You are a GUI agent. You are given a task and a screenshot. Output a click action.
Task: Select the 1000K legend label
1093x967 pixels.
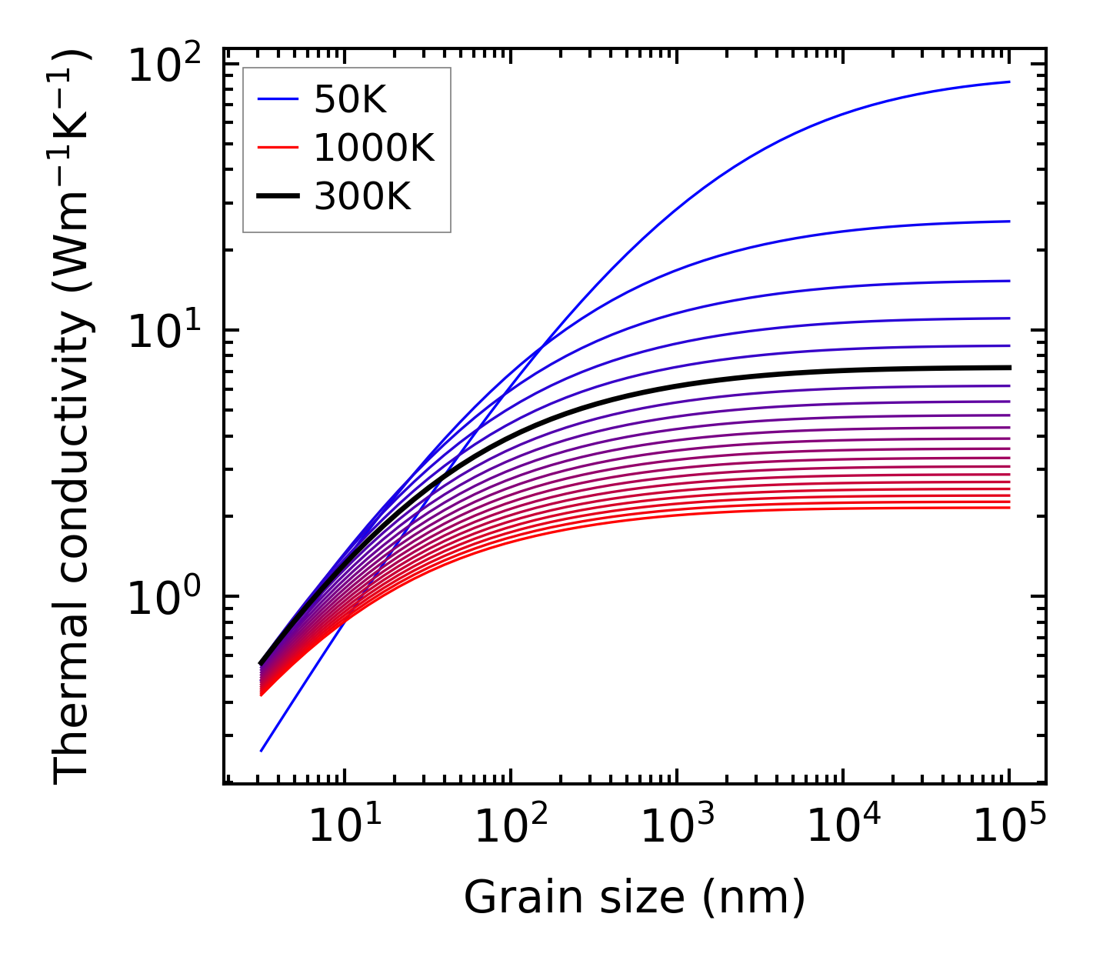[x=374, y=148]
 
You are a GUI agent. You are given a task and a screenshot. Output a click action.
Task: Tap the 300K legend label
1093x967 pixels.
[x=362, y=198]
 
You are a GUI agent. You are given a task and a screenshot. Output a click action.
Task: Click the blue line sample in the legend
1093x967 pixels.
[x=278, y=99]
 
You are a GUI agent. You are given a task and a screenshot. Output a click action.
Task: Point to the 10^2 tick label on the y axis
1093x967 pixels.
[x=164, y=65]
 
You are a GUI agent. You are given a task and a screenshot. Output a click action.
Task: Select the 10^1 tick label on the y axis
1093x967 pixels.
[x=164, y=332]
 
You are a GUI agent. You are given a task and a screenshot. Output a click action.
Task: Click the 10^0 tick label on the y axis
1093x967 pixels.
[x=164, y=598]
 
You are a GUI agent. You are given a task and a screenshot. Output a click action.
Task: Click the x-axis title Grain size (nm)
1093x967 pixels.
[x=635, y=897]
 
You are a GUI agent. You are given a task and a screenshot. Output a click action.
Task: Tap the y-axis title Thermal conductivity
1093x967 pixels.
[x=72, y=415]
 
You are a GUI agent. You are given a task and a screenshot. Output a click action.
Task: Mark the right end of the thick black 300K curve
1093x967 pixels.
[x=1009, y=368]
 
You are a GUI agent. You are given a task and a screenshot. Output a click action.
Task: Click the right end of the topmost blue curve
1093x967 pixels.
[x=1009, y=82]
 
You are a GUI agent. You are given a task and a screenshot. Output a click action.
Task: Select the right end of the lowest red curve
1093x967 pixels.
[x=1009, y=508]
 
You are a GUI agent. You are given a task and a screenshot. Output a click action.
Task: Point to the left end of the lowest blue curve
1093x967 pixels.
[x=262, y=751]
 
